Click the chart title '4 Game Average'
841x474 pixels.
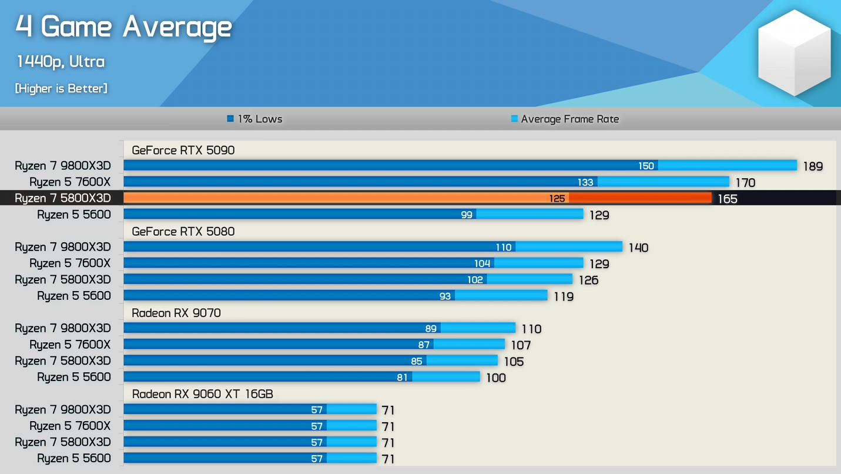[124, 27]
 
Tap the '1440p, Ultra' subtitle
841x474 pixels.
[61, 62]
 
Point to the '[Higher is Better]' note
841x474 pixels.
[61, 89]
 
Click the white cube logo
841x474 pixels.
[795, 52]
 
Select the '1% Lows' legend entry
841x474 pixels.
[254, 119]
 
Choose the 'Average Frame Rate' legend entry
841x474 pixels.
[565, 119]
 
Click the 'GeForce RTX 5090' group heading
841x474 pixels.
[183, 150]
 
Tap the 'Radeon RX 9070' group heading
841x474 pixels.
[176, 313]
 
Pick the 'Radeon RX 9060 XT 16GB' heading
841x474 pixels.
[202, 394]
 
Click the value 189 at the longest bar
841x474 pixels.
[813, 166]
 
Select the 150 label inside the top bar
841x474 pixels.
[646, 166]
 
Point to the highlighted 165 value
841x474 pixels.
[727, 199]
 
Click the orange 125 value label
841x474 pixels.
[557, 199]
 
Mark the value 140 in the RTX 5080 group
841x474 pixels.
[638, 248]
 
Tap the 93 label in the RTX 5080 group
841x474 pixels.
[445, 296]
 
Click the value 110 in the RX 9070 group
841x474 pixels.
[531, 329]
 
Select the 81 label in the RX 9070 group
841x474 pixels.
[402, 377]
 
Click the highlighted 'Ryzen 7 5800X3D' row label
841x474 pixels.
[63, 198]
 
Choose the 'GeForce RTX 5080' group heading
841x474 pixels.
[183, 232]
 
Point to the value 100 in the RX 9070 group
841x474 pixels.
[495, 378]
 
